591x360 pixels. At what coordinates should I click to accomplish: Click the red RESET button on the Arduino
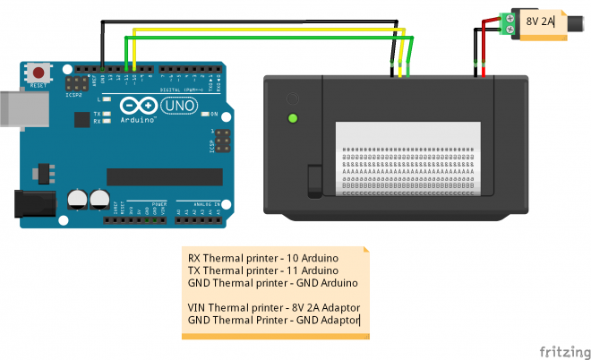tap(39, 72)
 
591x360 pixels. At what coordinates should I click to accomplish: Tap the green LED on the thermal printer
tap(292, 117)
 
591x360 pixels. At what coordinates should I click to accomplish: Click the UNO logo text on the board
tap(177, 105)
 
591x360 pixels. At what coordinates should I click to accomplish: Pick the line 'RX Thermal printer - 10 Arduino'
tap(262, 258)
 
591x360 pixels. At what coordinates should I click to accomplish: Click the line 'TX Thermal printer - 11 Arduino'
tap(262, 270)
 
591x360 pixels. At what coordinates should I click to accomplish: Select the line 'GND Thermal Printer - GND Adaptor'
tap(272, 319)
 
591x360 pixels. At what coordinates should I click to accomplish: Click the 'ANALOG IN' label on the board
tap(207, 203)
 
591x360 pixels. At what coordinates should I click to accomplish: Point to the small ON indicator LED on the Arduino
tap(203, 114)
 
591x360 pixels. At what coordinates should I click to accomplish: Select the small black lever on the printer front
tap(314, 180)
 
